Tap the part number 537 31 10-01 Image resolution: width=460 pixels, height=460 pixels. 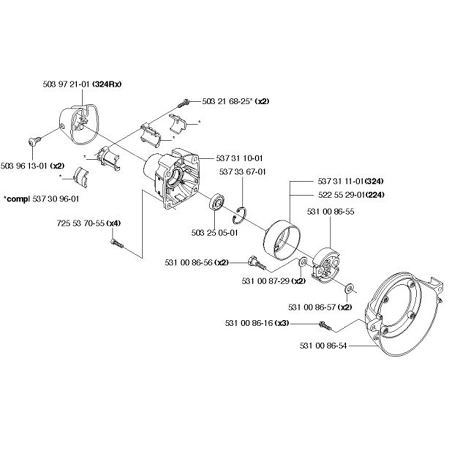point(239,158)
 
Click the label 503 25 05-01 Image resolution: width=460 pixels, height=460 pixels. point(214,233)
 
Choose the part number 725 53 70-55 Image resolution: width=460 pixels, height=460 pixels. point(80,224)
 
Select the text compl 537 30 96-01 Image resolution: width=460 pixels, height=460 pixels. point(41,199)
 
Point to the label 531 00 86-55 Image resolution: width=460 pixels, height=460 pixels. point(330,212)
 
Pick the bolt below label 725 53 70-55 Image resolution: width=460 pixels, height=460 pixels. point(117,243)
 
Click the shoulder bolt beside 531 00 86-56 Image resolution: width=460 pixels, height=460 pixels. point(255,263)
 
